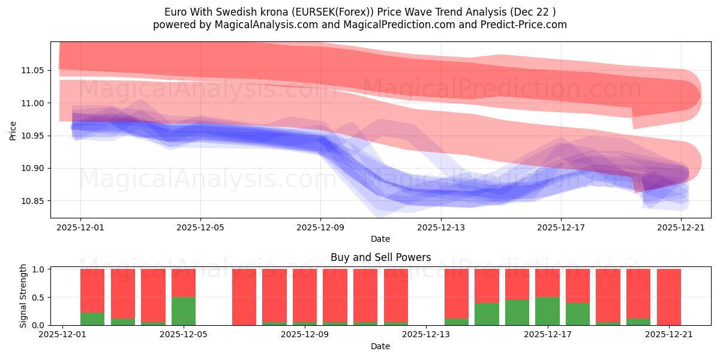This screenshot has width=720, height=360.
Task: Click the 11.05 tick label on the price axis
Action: coord(33,70)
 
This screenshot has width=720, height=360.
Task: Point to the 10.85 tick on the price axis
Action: coord(33,201)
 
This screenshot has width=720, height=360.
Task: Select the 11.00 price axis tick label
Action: coord(33,103)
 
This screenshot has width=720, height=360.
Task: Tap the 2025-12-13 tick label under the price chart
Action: coord(440,227)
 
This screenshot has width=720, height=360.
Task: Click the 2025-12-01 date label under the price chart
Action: coord(80,227)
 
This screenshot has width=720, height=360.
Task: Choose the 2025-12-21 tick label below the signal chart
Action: coord(668,335)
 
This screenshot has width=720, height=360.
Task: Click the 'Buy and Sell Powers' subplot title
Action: coord(380,257)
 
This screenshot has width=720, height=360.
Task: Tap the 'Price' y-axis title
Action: coord(13,130)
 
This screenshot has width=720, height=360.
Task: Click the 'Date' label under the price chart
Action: coord(380,239)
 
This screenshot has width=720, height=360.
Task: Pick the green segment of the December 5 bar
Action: coord(184,311)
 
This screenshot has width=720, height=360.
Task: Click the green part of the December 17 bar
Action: coord(547,311)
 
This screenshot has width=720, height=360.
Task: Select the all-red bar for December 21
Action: coord(668,297)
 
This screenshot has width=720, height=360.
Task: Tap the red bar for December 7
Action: coord(244,297)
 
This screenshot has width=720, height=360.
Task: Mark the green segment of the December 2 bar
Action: coord(92,319)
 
